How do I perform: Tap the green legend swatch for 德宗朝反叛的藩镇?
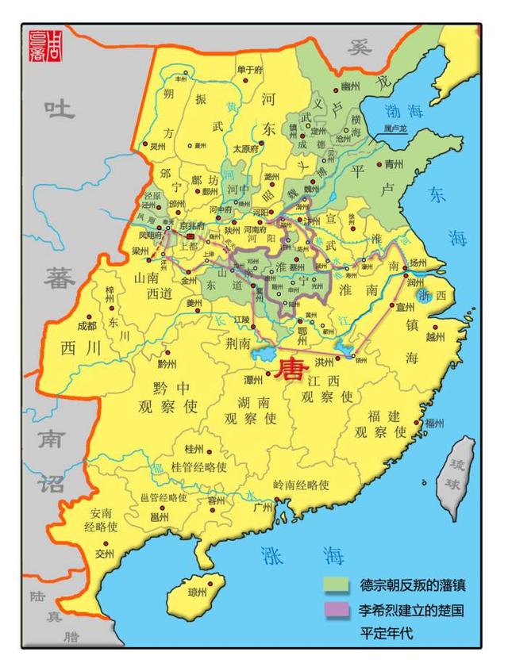click(337, 585)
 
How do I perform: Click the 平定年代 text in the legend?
click(387, 634)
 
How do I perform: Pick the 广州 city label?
click(263, 508)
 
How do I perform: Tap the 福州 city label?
click(433, 423)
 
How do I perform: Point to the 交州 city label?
click(106, 553)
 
